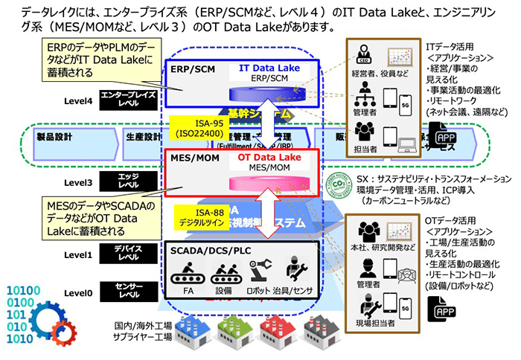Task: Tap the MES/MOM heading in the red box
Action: pyautogui.click(x=191, y=157)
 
